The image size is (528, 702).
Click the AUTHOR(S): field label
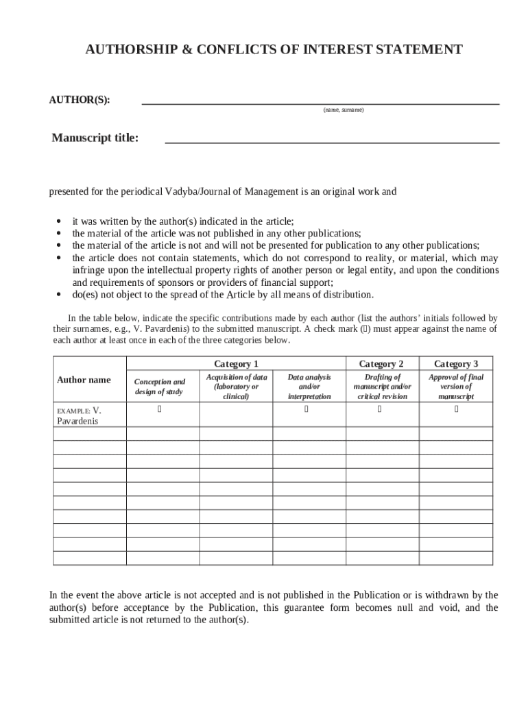(79, 100)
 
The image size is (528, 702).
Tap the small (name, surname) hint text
(344, 110)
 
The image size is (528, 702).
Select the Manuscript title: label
(95, 138)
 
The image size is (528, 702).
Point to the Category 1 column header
(236, 364)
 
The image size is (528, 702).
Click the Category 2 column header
(381, 364)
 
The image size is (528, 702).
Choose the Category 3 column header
(456, 364)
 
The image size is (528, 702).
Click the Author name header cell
(84, 380)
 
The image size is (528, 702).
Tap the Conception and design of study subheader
(159, 387)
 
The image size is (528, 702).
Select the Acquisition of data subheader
(236, 387)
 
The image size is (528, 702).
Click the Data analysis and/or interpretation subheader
(309, 387)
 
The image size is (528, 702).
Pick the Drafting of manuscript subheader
(382, 387)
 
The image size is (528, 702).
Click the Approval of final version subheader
(456, 387)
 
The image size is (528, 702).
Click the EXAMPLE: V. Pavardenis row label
(80, 415)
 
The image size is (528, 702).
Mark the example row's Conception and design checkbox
(160, 410)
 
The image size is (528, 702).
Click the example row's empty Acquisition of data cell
(236, 415)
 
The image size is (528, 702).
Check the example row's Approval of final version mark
(456, 410)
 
